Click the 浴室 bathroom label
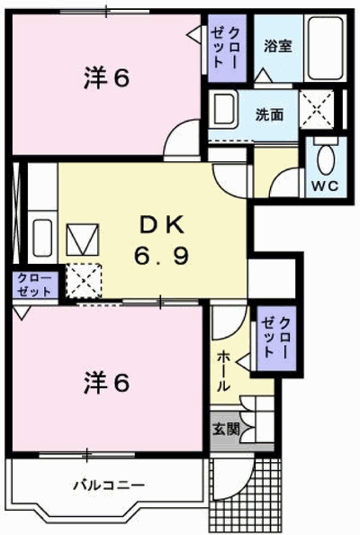(x=278, y=46)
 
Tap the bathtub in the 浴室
(x=325, y=48)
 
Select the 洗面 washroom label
(x=269, y=115)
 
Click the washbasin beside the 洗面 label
(x=223, y=109)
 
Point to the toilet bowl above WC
(x=326, y=159)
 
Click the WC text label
(x=326, y=186)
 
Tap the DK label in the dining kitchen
(x=162, y=225)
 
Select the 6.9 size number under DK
(x=161, y=256)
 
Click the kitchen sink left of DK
(x=42, y=238)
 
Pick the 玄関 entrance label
(x=226, y=429)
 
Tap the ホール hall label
(x=223, y=371)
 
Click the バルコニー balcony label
(x=109, y=485)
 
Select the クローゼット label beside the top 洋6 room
(x=226, y=47)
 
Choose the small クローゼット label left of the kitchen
(x=34, y=285)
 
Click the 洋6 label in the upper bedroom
(x=107, y=78)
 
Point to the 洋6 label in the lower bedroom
(x=107, y=383)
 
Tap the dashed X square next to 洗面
(x=317, y=109)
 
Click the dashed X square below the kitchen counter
(x=84, y=281)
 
